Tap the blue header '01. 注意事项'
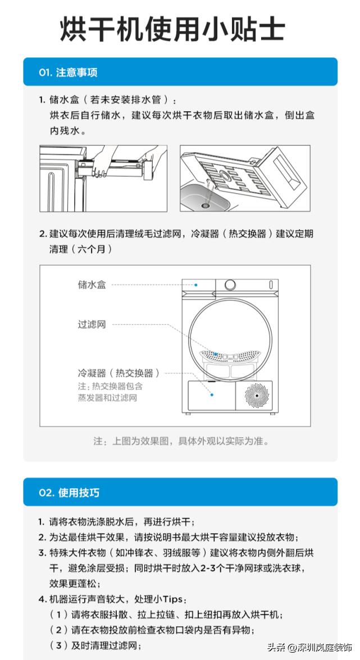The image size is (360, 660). [69, 72]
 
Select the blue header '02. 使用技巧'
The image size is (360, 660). [69, 493]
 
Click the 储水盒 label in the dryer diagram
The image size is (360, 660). [92, 285]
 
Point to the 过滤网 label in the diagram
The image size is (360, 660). [92, 325]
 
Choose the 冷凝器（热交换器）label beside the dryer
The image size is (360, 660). [119, 373]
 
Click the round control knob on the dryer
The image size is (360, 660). [230, 285]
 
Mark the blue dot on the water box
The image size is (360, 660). [196, 285]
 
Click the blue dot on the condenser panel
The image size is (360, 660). [212, 394]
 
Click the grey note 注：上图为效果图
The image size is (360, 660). [181, 441]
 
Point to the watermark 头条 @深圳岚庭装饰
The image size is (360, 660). [309, 647]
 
